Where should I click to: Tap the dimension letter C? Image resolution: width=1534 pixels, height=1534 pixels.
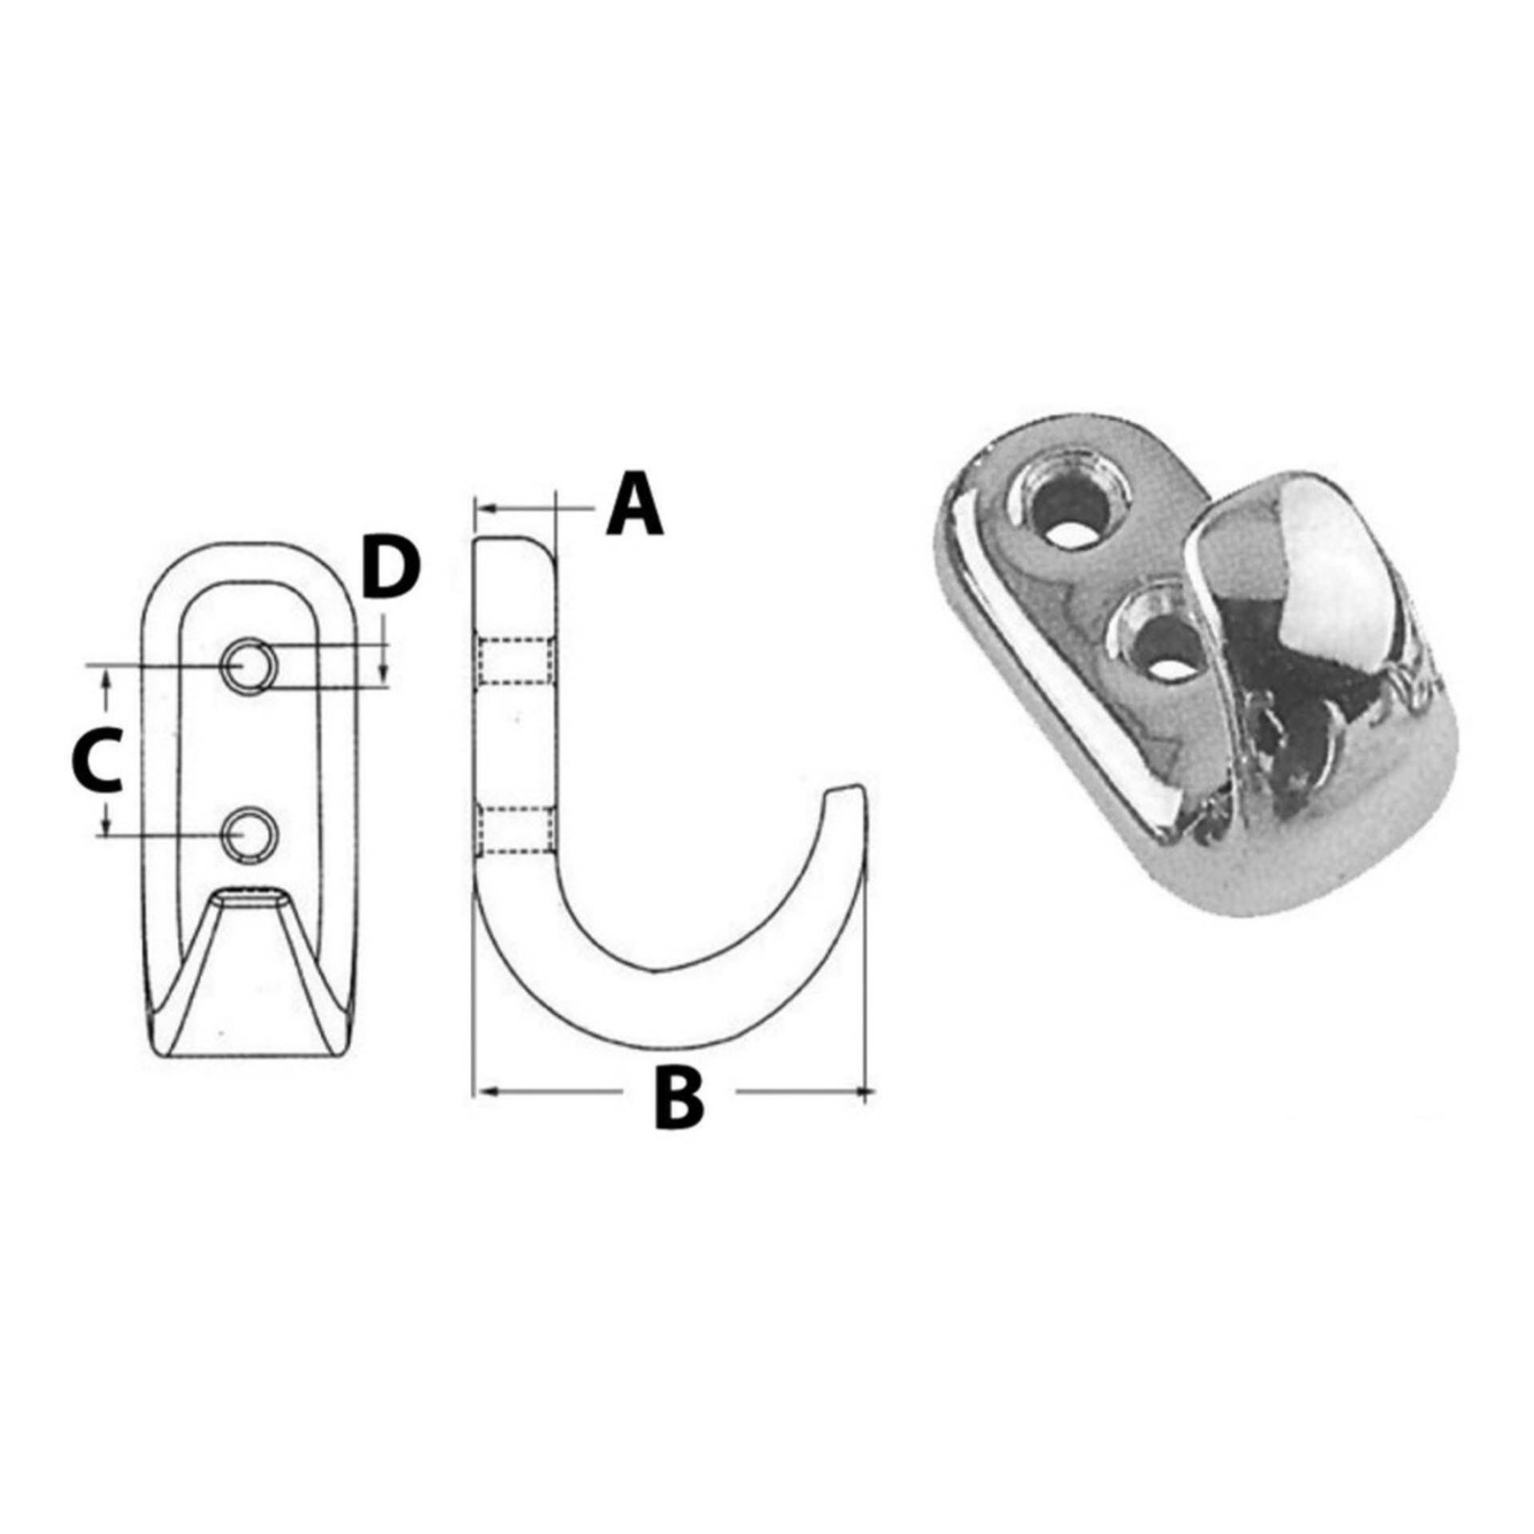pos(96,759)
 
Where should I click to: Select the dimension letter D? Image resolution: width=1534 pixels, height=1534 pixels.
pos(389,569)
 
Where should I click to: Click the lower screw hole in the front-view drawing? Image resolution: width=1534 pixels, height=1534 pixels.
pos(249,835)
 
